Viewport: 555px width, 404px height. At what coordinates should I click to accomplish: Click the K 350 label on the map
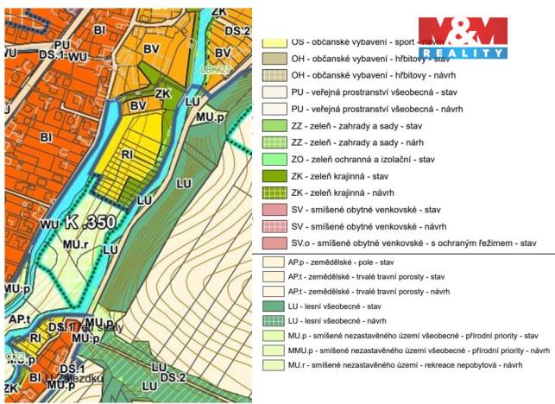[x=89, y=223]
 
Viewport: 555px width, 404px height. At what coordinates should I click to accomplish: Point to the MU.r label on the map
[x=75, y=244]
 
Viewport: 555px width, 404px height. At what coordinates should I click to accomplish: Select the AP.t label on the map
[x=20, y=319]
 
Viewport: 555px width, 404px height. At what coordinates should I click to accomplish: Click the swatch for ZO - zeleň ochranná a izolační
[x=274, y=160]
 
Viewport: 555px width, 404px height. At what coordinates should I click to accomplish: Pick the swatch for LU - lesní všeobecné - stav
[x=274, y=306]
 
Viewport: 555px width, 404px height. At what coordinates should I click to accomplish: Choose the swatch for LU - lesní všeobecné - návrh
[x=274, y=322]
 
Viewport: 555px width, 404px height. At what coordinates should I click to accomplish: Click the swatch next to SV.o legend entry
[x=274, y=243]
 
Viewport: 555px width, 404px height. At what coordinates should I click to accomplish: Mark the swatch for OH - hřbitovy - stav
[x=274, y=59]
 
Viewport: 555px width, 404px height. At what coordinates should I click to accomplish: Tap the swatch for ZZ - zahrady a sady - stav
[x=274, y=126]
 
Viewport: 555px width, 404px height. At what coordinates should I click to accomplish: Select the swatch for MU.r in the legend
[x=274, y=365]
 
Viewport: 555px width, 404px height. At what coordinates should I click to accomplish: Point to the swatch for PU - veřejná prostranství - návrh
[x=274, y=110]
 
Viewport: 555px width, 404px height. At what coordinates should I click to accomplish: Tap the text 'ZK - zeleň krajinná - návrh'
[x=362, y=193]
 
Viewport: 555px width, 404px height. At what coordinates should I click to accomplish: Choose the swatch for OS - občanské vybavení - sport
[x=274, y=41]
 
